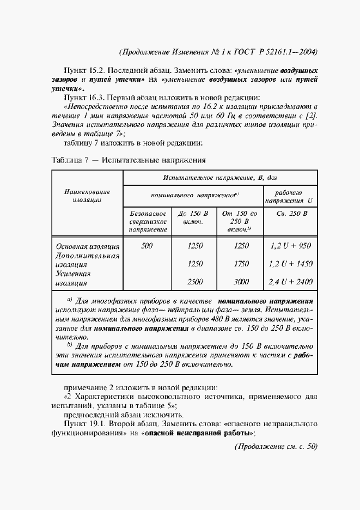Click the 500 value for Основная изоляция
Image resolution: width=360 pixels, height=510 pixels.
coord(147,246)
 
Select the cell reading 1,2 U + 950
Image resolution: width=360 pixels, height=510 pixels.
coord(290,246)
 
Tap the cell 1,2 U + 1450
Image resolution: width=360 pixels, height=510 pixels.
coord(290,264)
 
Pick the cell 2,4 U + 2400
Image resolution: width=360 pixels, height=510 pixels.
coord(290,282)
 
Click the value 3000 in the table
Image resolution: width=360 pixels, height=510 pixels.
coord(241,282)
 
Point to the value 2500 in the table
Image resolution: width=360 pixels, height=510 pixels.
coord(194,282)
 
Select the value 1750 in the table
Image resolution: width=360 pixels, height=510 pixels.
coord(241,264)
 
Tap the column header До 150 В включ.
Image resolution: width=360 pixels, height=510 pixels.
coord(194,217)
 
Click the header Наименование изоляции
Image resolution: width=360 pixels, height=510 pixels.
coord(87,196)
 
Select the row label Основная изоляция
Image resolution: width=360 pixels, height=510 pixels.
coord(87,246)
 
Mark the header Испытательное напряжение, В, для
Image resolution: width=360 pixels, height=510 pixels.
coord(220,178)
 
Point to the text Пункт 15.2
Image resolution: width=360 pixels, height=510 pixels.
coord(85,71)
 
